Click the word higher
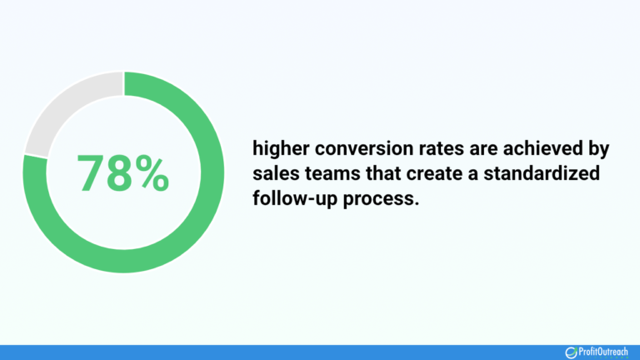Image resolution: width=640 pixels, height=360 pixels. [279, 151]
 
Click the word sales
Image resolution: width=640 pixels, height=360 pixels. [273, 175]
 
